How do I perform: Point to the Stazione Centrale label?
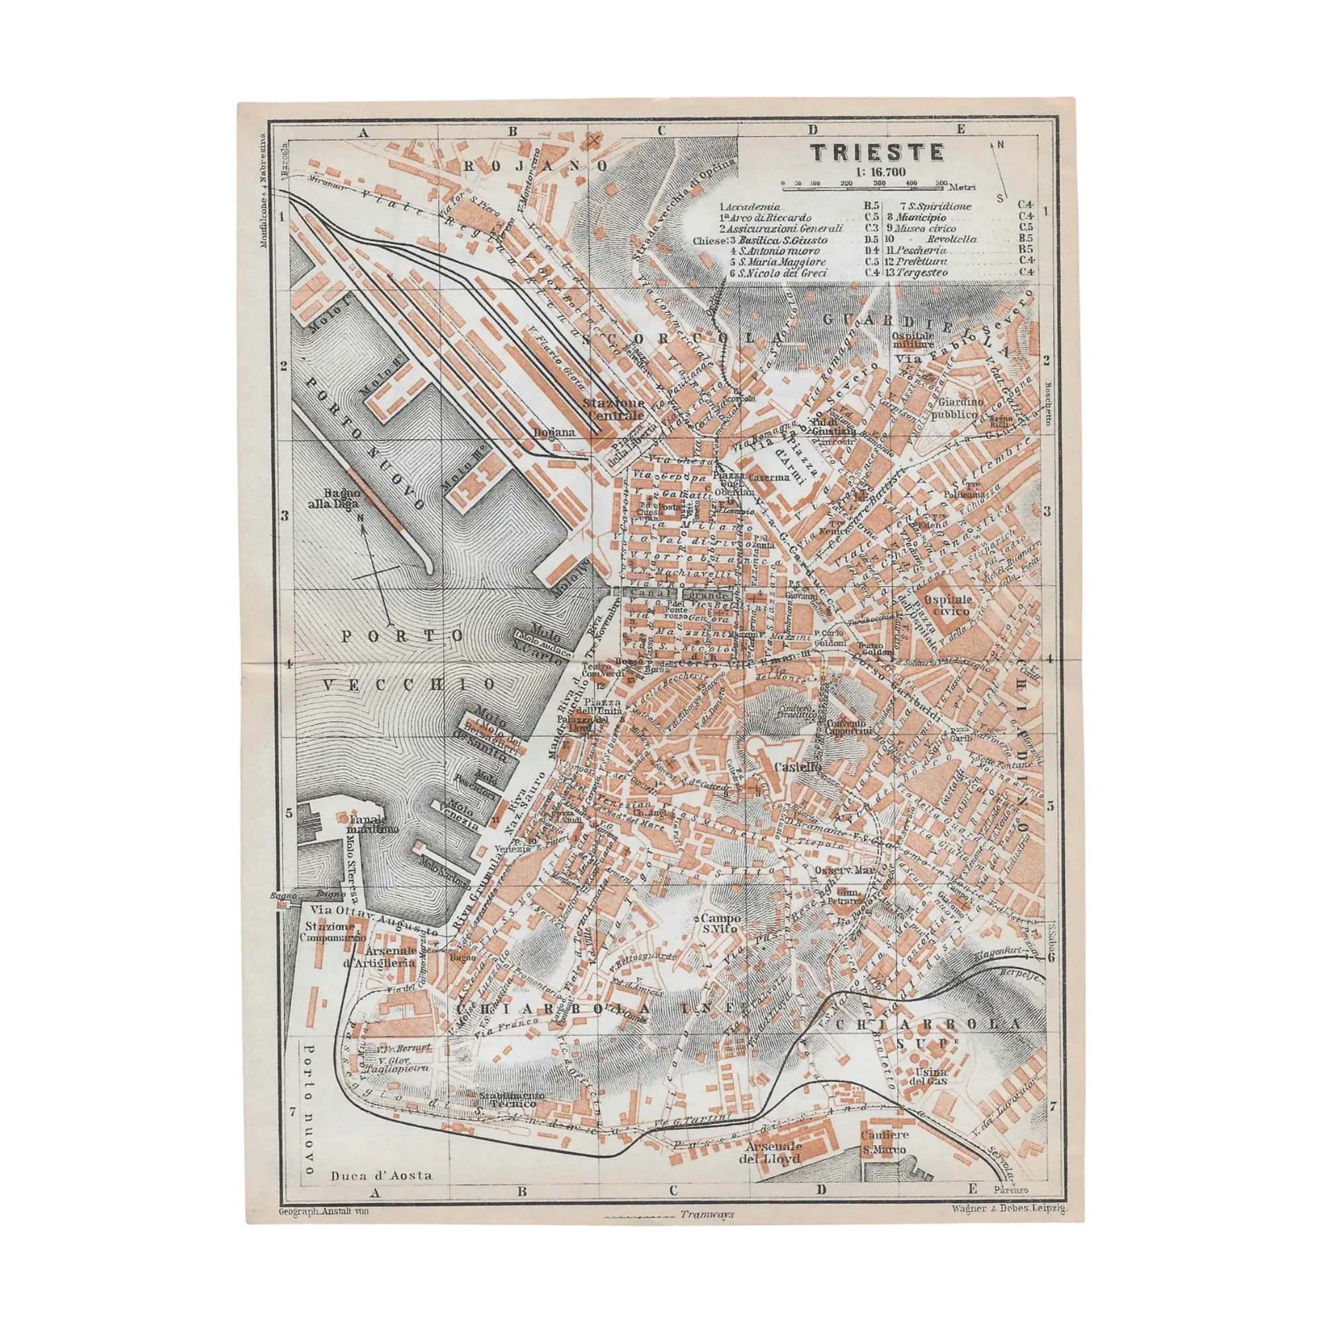[x=614, y=409]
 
